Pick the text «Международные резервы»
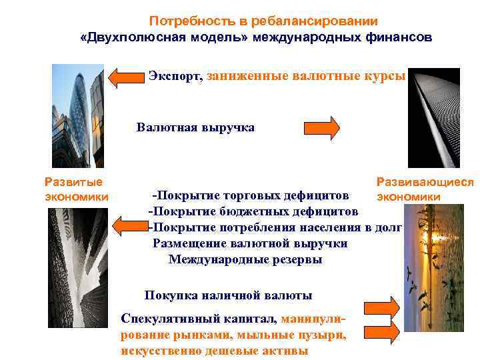click(245, 260)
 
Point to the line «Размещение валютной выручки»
click(250, 244)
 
